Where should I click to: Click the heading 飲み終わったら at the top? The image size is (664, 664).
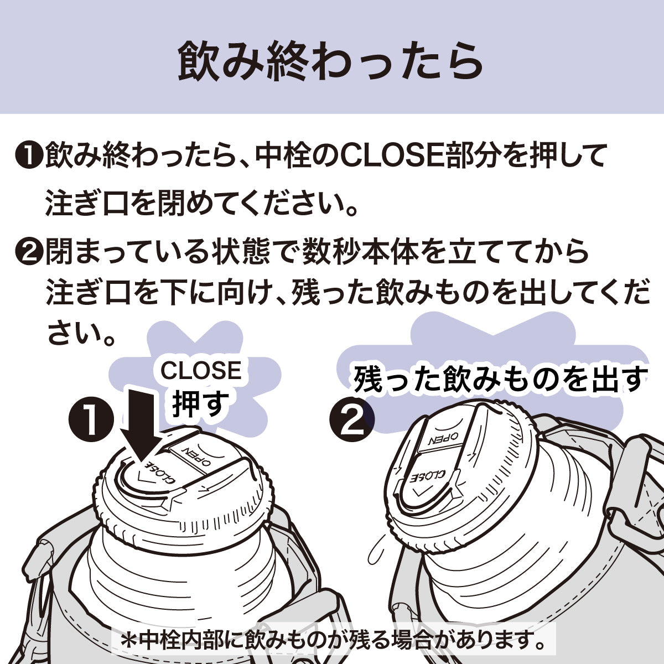click(x=331, y=61)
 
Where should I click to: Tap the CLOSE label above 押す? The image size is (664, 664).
click(x=201, y=371)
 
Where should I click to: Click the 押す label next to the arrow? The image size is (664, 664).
click(x=200, y=403)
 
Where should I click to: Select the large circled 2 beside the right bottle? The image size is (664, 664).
click(x=351, y=419)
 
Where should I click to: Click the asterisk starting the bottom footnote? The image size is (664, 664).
click(x=129, y=642)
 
